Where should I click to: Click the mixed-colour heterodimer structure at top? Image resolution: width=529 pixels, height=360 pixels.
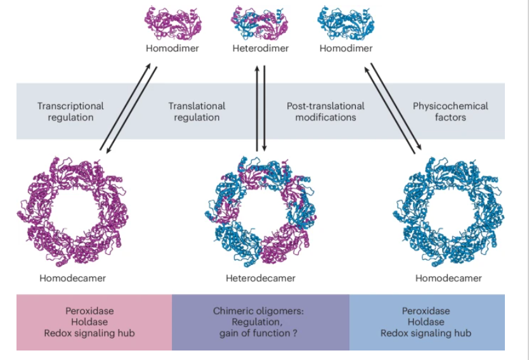(261, 21)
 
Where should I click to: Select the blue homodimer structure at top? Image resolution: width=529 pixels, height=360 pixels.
(346, 21)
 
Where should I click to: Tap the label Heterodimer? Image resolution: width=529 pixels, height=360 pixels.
(261, 49)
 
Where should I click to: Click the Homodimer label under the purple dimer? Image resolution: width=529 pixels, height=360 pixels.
(172, 49)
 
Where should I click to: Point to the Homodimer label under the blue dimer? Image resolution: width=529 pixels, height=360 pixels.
(346, 49)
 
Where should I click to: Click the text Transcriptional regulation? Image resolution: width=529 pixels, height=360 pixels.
(70, 112)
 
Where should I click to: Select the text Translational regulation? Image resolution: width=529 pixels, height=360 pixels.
(197, 112)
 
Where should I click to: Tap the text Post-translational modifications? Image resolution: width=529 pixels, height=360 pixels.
(325, 112)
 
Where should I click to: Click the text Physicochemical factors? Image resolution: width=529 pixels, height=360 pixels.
(450, 112)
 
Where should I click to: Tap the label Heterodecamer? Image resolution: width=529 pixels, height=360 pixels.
(261, 278)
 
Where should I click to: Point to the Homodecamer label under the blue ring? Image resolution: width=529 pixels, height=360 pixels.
(448, 278)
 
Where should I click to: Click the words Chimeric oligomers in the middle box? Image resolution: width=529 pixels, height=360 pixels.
(260, 311)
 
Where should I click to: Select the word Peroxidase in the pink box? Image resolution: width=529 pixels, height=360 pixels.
(89, 311)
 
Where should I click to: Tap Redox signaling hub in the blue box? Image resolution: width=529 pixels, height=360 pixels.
(426, 333)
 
